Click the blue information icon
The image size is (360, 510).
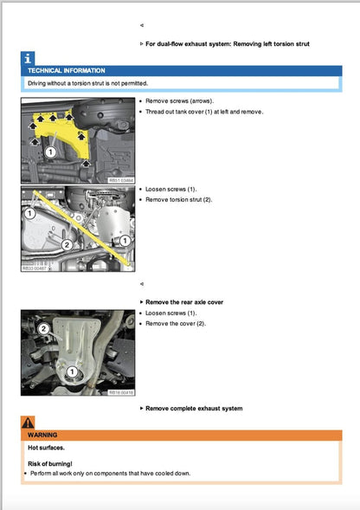click(x=28, y=59)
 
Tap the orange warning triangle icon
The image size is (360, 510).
click(x=28, y=423)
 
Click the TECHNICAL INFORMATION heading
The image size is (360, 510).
click(x=67, y=71)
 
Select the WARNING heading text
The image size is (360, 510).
click(x=42, y=435)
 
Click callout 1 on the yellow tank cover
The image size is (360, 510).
click(x=50, y=152)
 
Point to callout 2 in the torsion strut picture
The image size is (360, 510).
click(x=67, y=244)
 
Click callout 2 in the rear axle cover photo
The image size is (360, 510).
click(x=44, y=329)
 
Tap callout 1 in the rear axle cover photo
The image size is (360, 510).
click(x=72, y=371)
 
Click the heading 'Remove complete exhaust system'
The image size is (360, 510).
click(x=194, y=408)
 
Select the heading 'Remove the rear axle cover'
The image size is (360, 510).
click(x=184, y=302)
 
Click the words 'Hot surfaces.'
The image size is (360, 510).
click(x=46, y=448)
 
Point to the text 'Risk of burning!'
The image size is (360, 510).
click(x=50, y=464)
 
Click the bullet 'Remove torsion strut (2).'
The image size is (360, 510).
click(x=178, y=200)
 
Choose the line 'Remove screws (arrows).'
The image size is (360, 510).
click(x=179, y=100)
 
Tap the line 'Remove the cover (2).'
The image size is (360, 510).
click(x=176, y=324)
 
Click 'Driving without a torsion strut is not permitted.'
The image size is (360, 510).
click(x=87, y=83)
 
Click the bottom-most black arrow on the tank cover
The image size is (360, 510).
click(x=86, y=163)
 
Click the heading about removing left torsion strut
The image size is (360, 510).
click(x=228, y=44)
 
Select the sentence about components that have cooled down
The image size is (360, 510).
click(x=110, y=474)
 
